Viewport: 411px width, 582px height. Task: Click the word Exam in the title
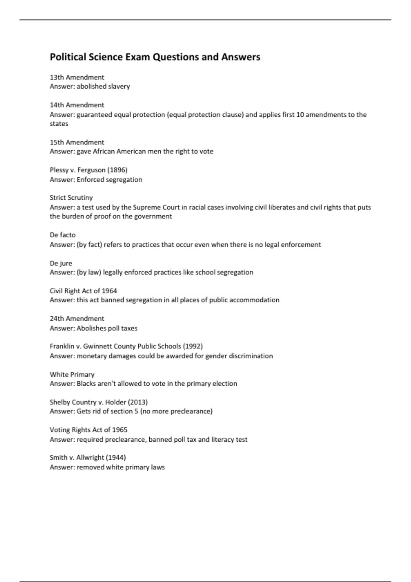click(138, 57)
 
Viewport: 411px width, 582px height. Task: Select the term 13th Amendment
click(77, 77)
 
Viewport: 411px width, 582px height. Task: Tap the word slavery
click(119, 87)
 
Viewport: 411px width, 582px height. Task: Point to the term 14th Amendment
click(77, 105)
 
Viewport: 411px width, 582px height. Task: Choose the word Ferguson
click(91, 170)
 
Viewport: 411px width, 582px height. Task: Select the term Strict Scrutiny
click(71, 198)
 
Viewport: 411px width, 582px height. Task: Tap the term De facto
click(63, 235)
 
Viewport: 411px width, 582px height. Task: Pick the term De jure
click(61, 263)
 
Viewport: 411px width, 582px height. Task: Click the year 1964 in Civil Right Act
click(109, 291)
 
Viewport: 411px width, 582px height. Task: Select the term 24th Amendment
click(77, 319)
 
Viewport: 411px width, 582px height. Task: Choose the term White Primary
click(72, 375)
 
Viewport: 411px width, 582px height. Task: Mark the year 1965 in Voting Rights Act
click(120, 430)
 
